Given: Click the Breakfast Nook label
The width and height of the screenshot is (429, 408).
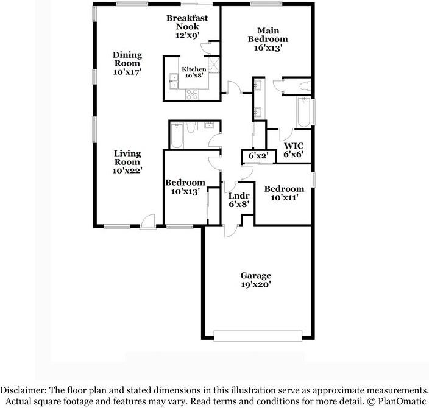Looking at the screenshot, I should (x=187, y=27).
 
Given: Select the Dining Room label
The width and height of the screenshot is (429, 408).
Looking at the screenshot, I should (x=127, y=63).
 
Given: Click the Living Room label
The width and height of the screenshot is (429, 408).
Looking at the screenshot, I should (x=127, y=162).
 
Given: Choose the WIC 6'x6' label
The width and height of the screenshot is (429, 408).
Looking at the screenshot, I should (x=293, y=150).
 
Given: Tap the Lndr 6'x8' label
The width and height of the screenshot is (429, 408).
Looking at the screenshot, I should (x=238, y=200).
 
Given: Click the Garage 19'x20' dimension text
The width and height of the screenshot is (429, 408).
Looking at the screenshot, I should (x=255, y=284).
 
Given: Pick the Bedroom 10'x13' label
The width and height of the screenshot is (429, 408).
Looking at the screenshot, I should (x=185, y=186).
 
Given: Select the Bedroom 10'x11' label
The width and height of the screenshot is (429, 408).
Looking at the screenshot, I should (x=283, y=193).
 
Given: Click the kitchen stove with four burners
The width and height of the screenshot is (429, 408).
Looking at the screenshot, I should (x=193, y=94).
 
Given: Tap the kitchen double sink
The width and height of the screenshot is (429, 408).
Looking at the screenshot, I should (x=172, y=77).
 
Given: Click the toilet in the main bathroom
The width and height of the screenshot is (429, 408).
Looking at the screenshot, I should (x=305, y=86).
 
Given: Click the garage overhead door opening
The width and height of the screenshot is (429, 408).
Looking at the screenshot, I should (x=258, y=334).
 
